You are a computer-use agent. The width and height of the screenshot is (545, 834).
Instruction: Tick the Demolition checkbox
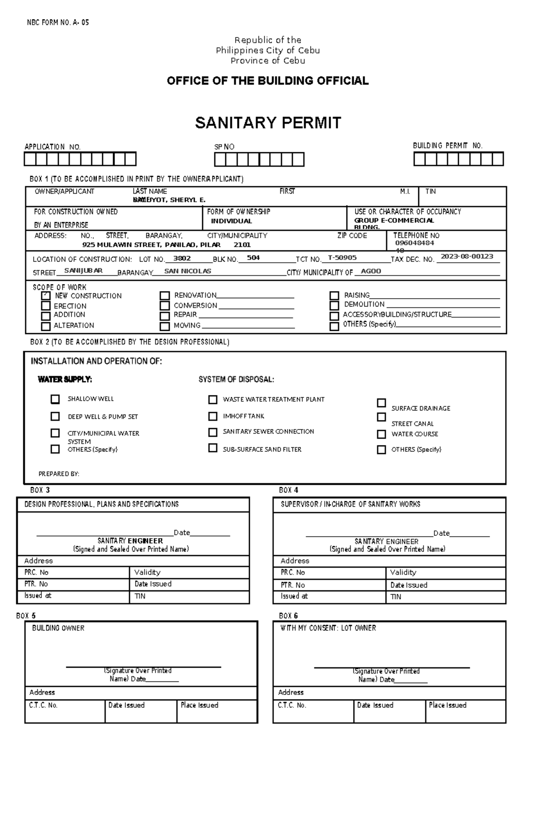(334, 305)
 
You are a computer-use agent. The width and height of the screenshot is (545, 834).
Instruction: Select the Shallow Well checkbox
(55, 399)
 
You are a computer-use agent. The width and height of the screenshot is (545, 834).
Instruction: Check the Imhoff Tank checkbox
(213, 416)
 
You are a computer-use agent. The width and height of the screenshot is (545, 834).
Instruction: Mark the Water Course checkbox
(381, 434)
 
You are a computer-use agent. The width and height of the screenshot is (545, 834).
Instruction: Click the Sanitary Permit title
(268, 123)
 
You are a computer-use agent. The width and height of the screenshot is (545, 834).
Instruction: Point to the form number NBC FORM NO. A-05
(58, 22)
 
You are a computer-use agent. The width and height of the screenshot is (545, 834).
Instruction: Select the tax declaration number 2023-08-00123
(467, 256)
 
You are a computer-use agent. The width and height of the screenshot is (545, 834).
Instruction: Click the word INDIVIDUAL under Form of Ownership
(231, 221)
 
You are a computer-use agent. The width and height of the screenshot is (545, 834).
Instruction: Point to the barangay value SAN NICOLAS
(188, 271)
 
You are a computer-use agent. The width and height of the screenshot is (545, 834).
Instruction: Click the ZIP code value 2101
(242, 245)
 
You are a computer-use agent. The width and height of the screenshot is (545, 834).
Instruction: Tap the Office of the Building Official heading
(268, 81)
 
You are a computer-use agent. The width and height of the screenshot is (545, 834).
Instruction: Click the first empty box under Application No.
(30, 159)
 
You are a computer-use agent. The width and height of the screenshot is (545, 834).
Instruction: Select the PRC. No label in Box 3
(36, 572)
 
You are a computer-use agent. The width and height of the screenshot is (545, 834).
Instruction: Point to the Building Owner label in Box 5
(58, 628)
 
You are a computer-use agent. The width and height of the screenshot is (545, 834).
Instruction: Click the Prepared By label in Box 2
(59, 474)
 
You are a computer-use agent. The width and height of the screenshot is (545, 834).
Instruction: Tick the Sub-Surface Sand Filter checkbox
(213, 448)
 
